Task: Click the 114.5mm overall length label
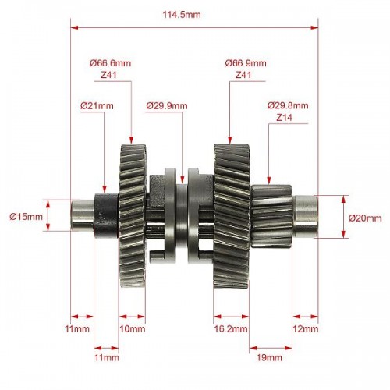coord(182,15)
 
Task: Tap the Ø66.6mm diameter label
coord(111,63)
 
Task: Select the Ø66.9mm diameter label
coord(246,63)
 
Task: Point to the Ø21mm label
coord(97,106)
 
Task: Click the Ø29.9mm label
coord(167,106)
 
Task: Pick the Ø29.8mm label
coord(288,105)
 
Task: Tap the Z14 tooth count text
coord(284,118)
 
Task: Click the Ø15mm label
coord(26,216)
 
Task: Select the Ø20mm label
coord(365,218)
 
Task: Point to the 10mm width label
coord(133,329)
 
